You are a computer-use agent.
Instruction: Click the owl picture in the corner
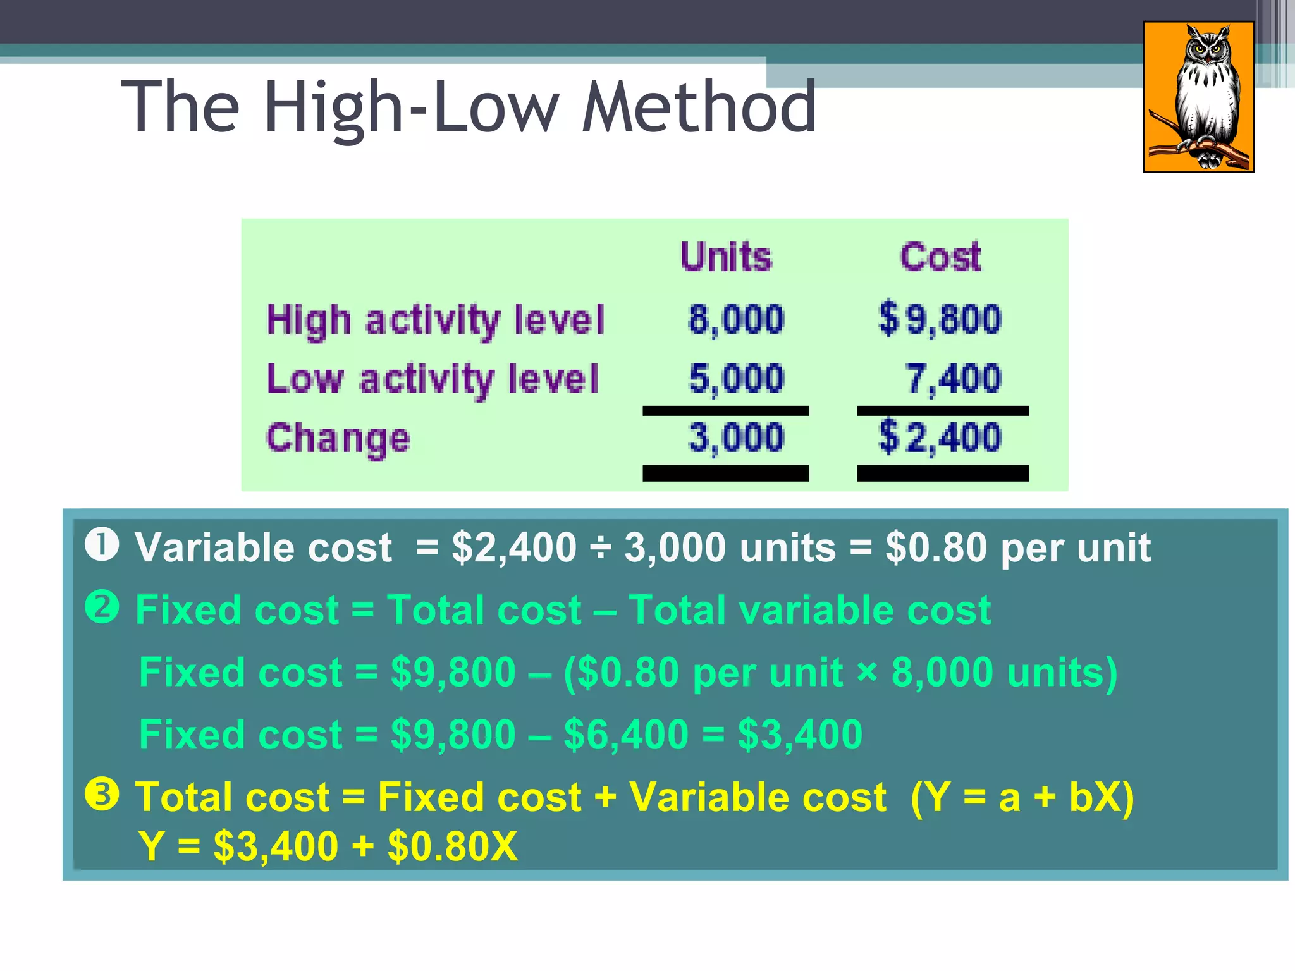click(x=1198, y=97)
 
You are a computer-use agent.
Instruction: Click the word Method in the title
click(x=699, y=107)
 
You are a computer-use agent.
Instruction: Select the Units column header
click(x=726, y=257)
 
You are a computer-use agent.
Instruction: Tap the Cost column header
click(x=940, y=257)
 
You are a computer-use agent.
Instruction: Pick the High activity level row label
click(x=436, y=319)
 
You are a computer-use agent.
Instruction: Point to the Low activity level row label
click(x=433, y=379)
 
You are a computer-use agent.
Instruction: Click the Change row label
click(x=338, y=438)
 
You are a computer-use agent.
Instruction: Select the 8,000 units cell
click(x=736, y=319)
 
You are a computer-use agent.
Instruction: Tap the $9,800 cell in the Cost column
click(x=940, y=319)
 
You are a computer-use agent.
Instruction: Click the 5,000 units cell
click(x=736, y=379)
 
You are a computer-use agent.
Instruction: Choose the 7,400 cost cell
click(x=954, y=379)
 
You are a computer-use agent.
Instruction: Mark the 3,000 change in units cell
click(x=736, y=437)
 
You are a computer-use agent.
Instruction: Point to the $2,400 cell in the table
click(x=940, y=437)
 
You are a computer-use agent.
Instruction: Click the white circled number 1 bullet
click(x=102, y=545)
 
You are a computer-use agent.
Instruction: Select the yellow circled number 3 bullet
click(x=102, y=795)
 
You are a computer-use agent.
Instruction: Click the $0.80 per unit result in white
click(x=1018, y=547)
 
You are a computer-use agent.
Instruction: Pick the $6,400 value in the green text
click(x=625, y=735)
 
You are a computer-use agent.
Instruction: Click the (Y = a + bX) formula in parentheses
click(x=1022, y=797)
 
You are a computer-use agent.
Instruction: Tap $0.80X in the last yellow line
click(x=453, y=846)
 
